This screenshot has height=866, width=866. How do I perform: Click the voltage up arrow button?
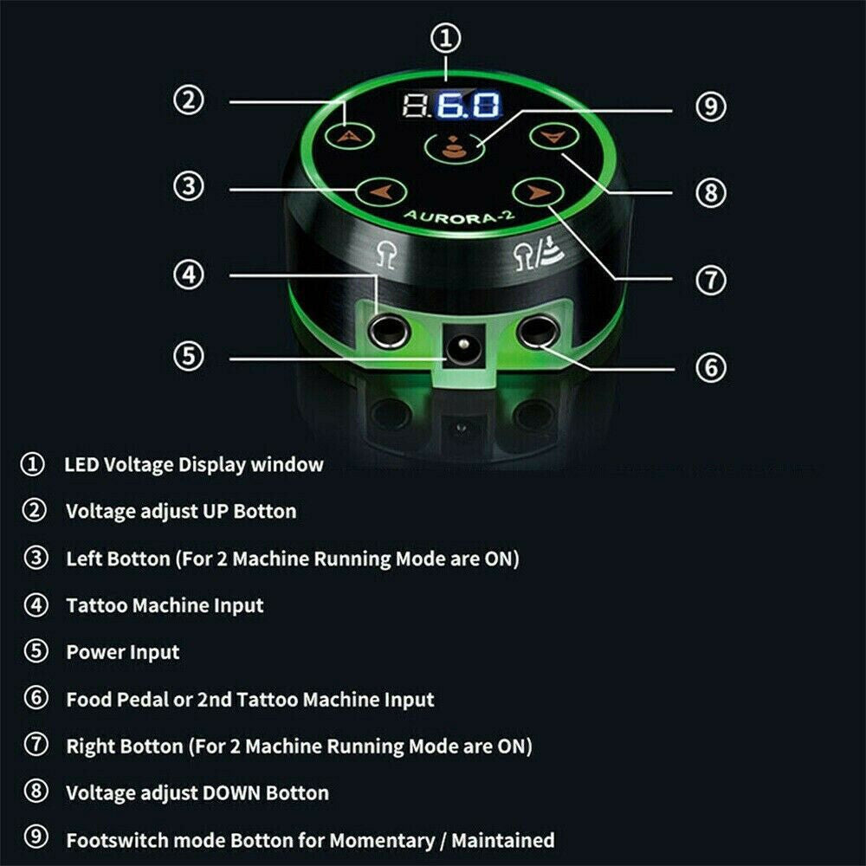(349, 135)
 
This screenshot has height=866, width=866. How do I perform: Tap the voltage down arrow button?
(547, 135)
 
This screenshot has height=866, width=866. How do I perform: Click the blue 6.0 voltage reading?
(468, 106)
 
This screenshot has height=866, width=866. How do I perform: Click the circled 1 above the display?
(447, 39)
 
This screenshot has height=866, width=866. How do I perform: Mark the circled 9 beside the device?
(710, 107)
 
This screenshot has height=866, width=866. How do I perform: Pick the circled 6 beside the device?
(710, 366)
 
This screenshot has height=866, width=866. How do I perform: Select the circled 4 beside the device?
(189, 276)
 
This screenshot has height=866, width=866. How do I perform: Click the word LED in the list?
(82, 465)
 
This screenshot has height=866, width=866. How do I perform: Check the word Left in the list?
(84, 559)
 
